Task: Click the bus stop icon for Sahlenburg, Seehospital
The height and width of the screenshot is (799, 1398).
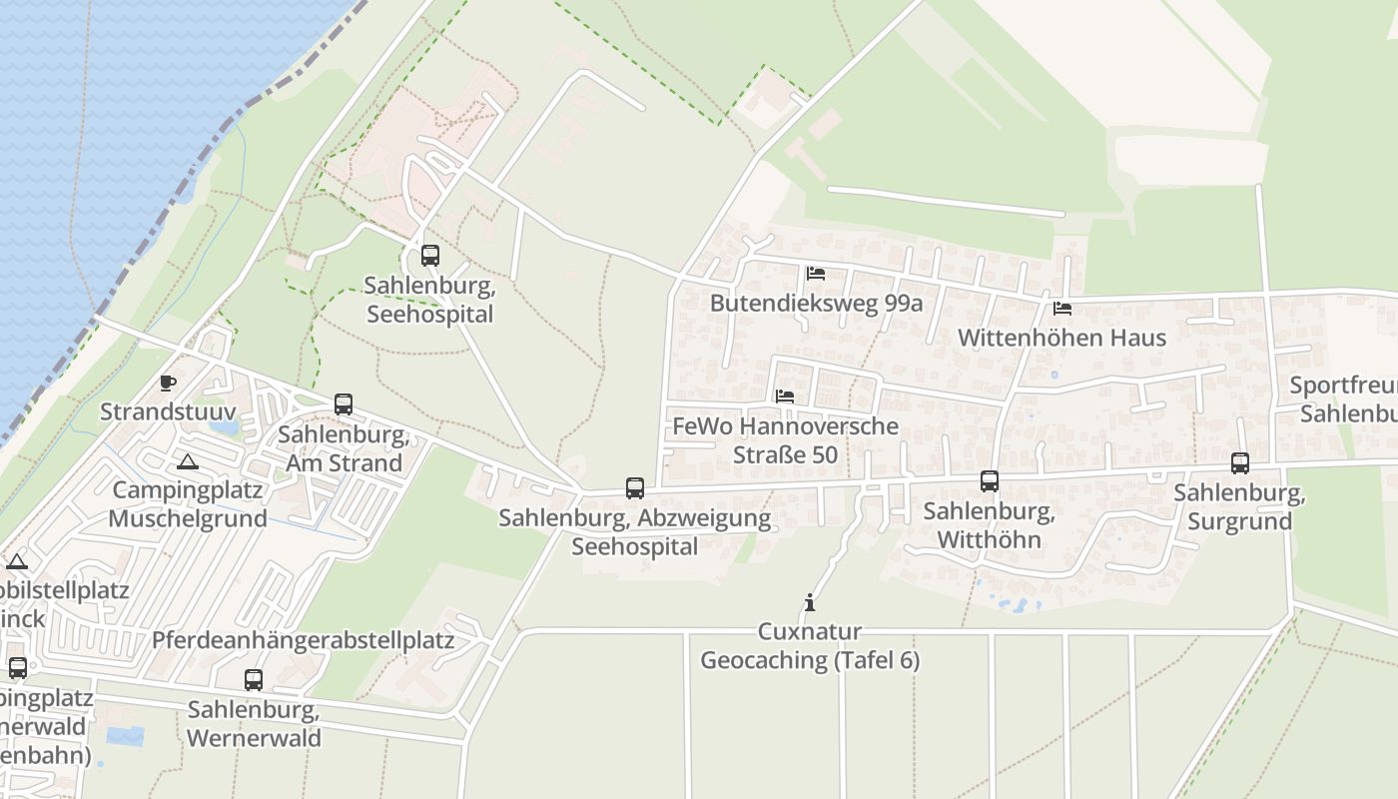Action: tap(430, 256)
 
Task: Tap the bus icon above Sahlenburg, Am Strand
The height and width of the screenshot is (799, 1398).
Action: tap(344, 404)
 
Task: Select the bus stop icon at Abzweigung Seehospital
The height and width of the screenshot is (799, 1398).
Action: tap(635, 488)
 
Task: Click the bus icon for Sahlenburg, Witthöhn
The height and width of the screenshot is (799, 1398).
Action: tap(990, 481)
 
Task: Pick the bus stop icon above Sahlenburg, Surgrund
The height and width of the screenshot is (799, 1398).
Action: tap(1240, 463)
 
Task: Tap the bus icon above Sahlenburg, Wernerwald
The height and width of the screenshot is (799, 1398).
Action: tap(254, 680)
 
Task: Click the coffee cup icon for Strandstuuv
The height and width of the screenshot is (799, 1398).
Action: tap(168, 383)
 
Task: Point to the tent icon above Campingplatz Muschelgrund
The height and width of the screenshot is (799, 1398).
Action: tap(187, 461)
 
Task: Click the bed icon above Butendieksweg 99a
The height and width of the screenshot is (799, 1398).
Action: tap(816, 274)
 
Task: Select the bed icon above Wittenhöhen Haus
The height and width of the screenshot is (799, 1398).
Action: tap(1062, 309)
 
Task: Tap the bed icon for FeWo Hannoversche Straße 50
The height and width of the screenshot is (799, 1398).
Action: tap(785, 397)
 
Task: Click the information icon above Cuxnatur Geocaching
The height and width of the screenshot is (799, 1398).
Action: tap(810, 603)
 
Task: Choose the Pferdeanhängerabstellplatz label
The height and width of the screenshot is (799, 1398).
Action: tap(303, 640)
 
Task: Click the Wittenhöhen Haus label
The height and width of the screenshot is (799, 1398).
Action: tap(1061, 338)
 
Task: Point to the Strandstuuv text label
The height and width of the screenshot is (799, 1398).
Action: tap(168, 411)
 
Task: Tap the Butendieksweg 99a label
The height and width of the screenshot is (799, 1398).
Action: tap(816, 303)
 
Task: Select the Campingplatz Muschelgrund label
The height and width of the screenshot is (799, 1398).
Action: tap(188, 504)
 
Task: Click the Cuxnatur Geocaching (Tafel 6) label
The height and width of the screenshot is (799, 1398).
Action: tap(810, 646)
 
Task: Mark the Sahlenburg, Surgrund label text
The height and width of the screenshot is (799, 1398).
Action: tap(1239, 506)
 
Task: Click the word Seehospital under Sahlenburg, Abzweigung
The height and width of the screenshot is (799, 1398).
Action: tap(635, 546)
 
